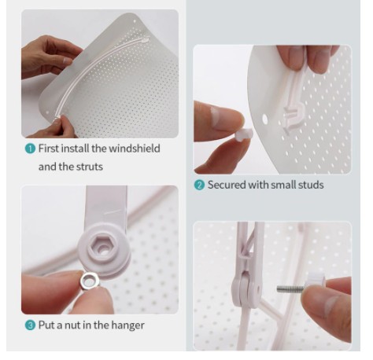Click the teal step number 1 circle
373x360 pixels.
click(30, 149)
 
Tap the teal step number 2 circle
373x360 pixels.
click(199, 185)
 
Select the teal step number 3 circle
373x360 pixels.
click(30, 325)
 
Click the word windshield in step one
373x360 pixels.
click(134, 149)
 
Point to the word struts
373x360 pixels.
click(89, 167)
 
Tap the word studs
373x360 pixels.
click(311, 185)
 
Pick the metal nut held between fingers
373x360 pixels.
click(90, 281)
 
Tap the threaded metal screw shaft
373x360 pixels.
click(290, 289)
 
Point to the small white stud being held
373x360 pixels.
click(244, 134)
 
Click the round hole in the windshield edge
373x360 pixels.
click(265, 119)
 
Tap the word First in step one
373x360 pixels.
click(49, 149)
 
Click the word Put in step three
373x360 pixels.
click(46, 325)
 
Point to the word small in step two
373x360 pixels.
click(283, 185)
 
